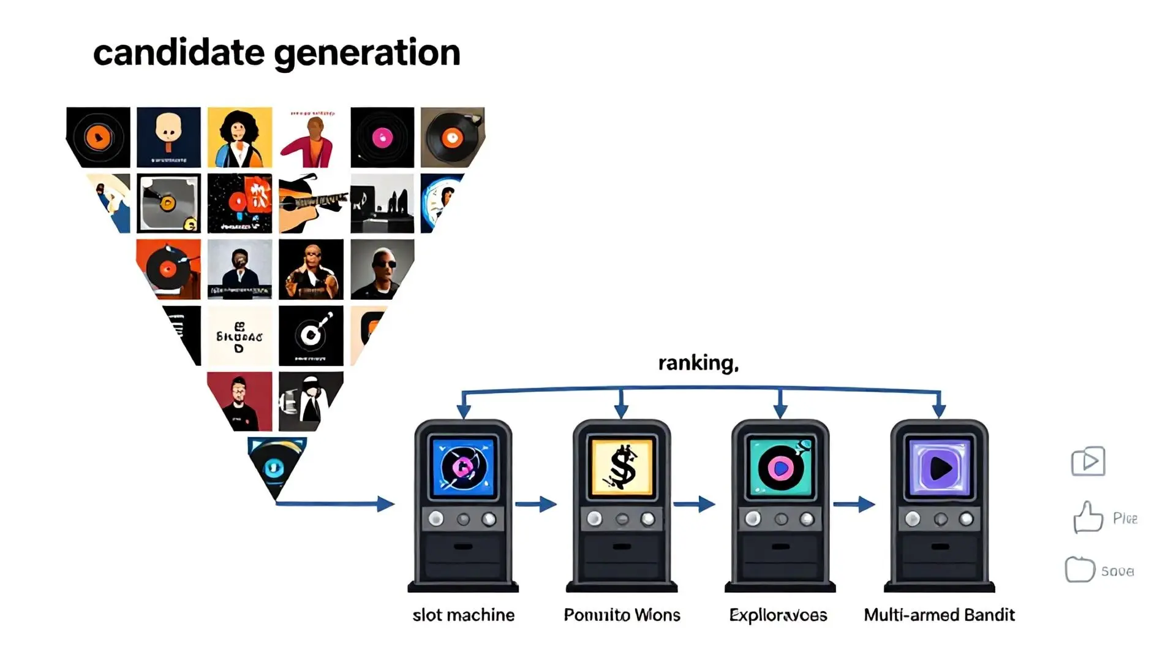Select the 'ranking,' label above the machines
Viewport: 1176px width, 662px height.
pyautogui.click(x=698, y=363)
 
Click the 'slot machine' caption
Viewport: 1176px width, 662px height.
pyautogui.click(x=463, y=615)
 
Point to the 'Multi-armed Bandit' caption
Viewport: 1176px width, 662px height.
pyautogui.click(x=939, y=615)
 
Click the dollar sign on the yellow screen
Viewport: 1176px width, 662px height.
pyautogui.click(x=622, y=467)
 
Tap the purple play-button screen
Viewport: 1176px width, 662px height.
pyautogui.click(x=939, y=468)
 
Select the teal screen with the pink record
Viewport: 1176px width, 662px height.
pyautogui.click(x=780, y=468)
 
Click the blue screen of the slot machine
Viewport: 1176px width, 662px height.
pyautogui.click(x=463, y=468)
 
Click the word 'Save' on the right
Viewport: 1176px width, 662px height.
pyautogui.click(x=1117, y=571)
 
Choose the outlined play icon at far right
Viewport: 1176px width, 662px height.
pyautogui.click(x=1088, y=462)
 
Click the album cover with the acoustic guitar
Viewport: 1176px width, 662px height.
pyautogui.click(x=311, y=204)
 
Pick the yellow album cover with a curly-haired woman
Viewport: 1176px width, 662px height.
pyautogui.click(x=239, y=137)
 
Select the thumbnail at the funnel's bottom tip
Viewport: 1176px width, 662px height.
pyautogui.click(x=276, y=466)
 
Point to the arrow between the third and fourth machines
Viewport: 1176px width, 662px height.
pyautogui.click(x=854, y=504)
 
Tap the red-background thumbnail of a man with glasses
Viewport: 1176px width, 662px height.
pyautogui.click(x=240, y=401)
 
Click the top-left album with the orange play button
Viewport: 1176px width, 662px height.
pyautogui.click(x=98, y=137)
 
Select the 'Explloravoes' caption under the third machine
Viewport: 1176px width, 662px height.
pyautogui.click(x=778, y=615)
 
